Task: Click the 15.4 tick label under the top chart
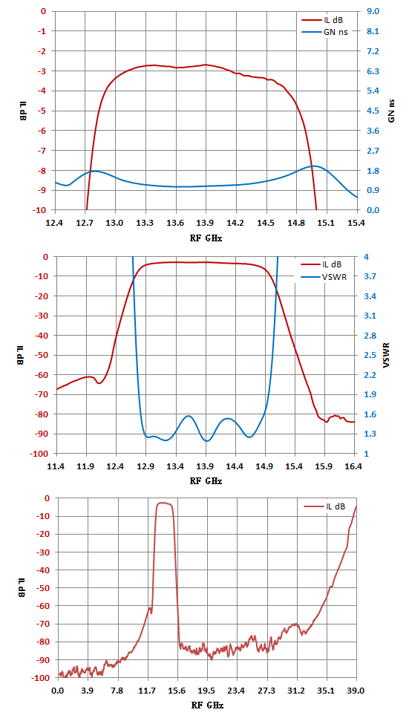356,222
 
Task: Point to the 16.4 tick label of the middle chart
354,466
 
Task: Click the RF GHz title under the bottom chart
207,706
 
